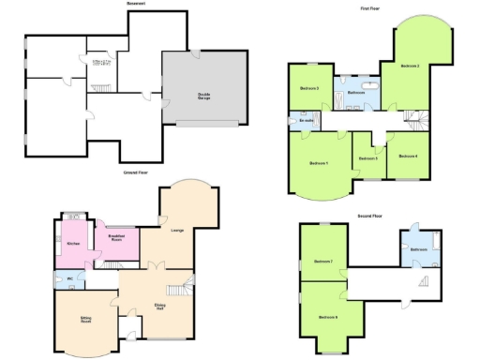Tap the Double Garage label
coord(203,95)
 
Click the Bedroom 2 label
coord(410,67)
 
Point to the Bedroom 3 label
coord(309,88)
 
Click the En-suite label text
coord(306,120)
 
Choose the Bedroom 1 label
coord(319,163)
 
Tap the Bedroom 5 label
coord(368,158)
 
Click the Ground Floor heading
coord(138,172)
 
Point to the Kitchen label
coord(74,244)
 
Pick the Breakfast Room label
coord(116,237)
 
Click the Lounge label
coord(176,230)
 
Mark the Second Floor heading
coord(370,216)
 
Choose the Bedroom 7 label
coord(323,261)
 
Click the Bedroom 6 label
coord(328,317)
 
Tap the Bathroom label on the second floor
coord(418,249)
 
